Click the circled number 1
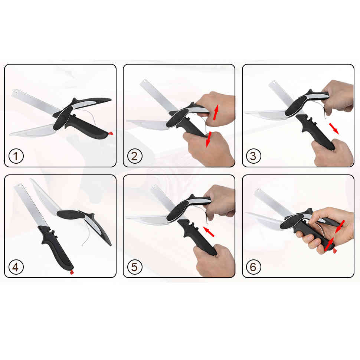click(16, 156)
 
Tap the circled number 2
click(135, 156)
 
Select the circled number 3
click(253, 156)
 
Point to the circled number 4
click(16, 267)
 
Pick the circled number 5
click(135, 267)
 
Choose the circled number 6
click(253, 267)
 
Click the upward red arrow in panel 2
click(216, 112)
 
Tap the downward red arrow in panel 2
click(209, 139)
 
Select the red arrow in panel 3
click(334, 128)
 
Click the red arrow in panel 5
click(209, 232)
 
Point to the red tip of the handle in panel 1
click(111, 133)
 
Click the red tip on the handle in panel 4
click(72, 272)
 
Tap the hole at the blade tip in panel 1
click(16, 91)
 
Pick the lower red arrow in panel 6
click(329, 244)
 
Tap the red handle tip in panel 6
click(335, 251)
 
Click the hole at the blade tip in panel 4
click(20, 185)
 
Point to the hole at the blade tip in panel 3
click(274, 82)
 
